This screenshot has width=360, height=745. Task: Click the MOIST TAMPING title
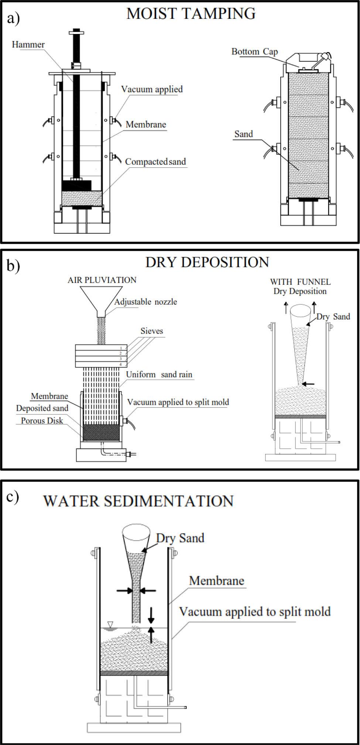pos(191,14)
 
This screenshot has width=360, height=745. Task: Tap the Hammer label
pos(28,45)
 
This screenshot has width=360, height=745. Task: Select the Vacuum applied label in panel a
pos(152,89)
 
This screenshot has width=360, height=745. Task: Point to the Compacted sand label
pos(155,161)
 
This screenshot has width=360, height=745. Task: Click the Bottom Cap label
pos(254,51)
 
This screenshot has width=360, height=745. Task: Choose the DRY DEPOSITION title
pos(207,262)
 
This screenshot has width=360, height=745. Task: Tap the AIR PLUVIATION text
pos(102,280)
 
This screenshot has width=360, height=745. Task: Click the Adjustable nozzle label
pos(145,302)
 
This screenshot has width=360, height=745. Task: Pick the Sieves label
pos(151,331)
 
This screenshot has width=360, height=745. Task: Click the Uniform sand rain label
pos(159,374)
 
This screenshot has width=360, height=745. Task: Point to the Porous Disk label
pos(42,420)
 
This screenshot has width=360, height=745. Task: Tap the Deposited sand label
pos(42,408)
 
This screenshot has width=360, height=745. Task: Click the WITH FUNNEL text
pos(300,282)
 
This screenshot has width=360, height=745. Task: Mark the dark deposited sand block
pos(101,432)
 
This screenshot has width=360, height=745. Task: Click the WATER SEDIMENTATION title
pos(138,501)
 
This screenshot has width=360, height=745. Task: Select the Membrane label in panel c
pos(217,581)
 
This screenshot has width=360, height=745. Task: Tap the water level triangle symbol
pos(110,624)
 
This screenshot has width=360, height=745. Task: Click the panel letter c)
pos(13,496)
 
